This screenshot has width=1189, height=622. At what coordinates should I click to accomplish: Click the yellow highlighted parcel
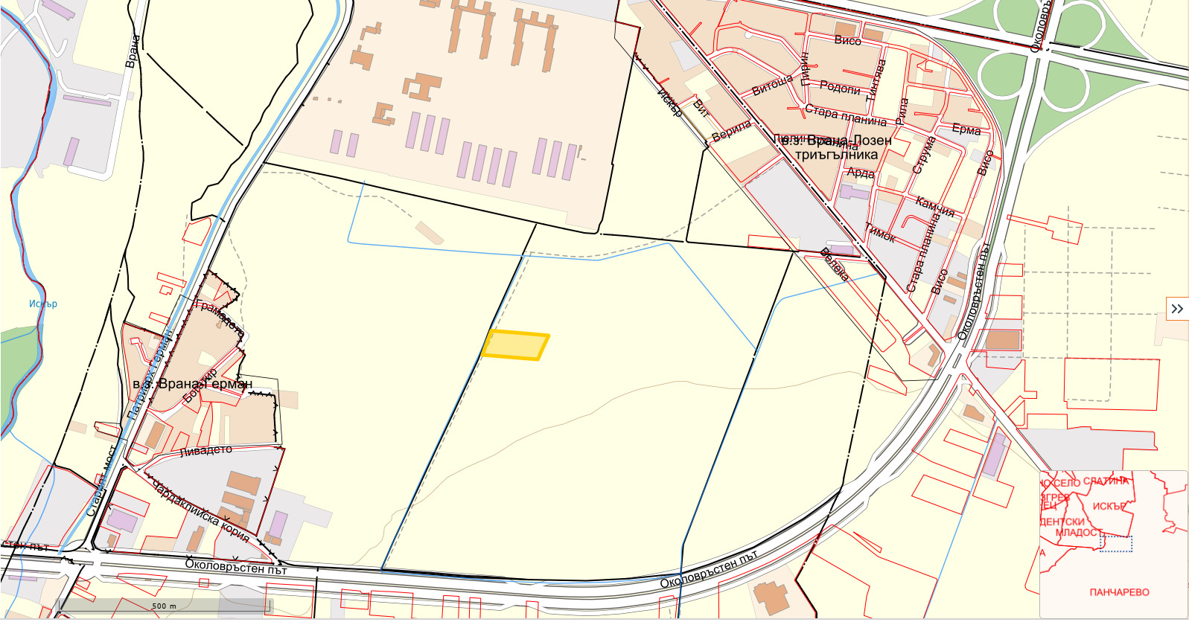click(x=515, y=345)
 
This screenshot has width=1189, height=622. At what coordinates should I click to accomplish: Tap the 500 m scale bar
click(x=164, y=606)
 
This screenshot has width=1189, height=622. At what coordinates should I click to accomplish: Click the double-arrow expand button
click(x=1176, y=309)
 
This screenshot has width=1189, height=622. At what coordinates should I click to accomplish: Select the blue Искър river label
click(x=43, y=304)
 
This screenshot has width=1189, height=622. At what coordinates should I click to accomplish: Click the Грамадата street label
click(x=219, y=318)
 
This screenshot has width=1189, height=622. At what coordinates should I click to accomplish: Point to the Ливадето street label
click(x=206, y=451)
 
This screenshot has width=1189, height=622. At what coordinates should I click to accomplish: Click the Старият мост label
click(x=101, y=481)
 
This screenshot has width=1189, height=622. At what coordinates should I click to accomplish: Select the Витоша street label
click(x=772, y=86)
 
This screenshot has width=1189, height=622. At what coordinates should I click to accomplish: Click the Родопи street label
click(x=840, y=88)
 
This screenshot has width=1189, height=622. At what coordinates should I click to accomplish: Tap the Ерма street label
click(x=966, y=129)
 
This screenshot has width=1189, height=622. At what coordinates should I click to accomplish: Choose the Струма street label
click(x=923, y=155)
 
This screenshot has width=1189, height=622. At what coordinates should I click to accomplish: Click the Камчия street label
click(x=935, y=207)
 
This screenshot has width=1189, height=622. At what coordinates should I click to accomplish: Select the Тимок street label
click(x=880, y=234)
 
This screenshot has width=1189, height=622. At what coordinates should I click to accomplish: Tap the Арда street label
click(x=861, y=173)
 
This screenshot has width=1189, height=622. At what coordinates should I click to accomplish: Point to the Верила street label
click(x=731, y=131)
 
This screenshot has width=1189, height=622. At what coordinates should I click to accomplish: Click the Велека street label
click(x=834, y=264)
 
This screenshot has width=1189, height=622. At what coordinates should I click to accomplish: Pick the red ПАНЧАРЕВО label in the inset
click(x=1119, y=592)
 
